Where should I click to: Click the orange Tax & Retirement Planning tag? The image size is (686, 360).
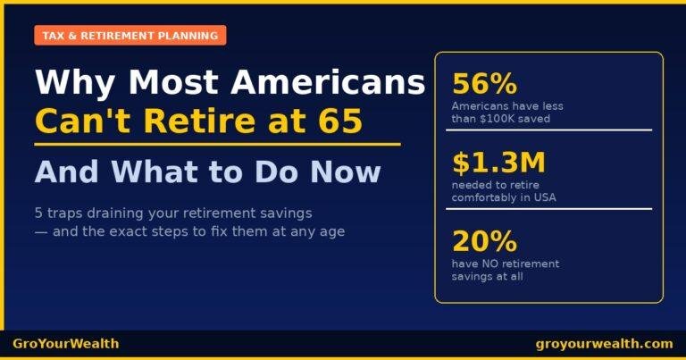coord(130,36)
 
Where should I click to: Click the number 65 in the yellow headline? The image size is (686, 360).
coord(340,121)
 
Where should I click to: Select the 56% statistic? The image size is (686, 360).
coord(485,84)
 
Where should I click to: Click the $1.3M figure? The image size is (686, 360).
coord(498,163)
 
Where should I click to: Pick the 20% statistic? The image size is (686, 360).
coord(485,241)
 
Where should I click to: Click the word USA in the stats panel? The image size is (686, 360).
coord(544,197)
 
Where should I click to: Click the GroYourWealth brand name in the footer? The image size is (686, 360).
coord(65,344)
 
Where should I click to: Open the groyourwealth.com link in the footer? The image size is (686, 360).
coord(604,344)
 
